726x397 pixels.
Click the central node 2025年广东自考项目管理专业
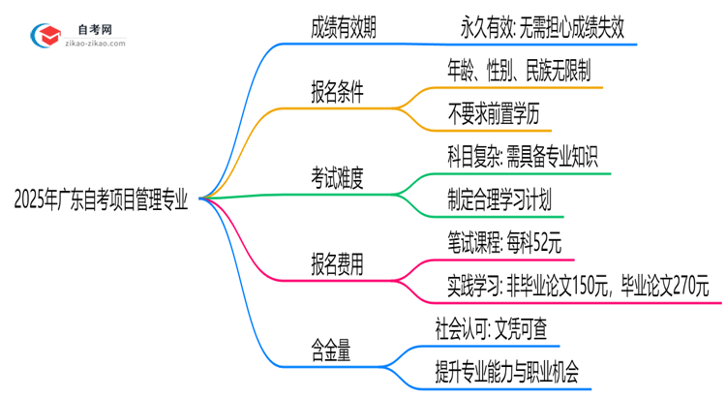pos(102,198)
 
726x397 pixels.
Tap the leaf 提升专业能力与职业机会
pos(513,371)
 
